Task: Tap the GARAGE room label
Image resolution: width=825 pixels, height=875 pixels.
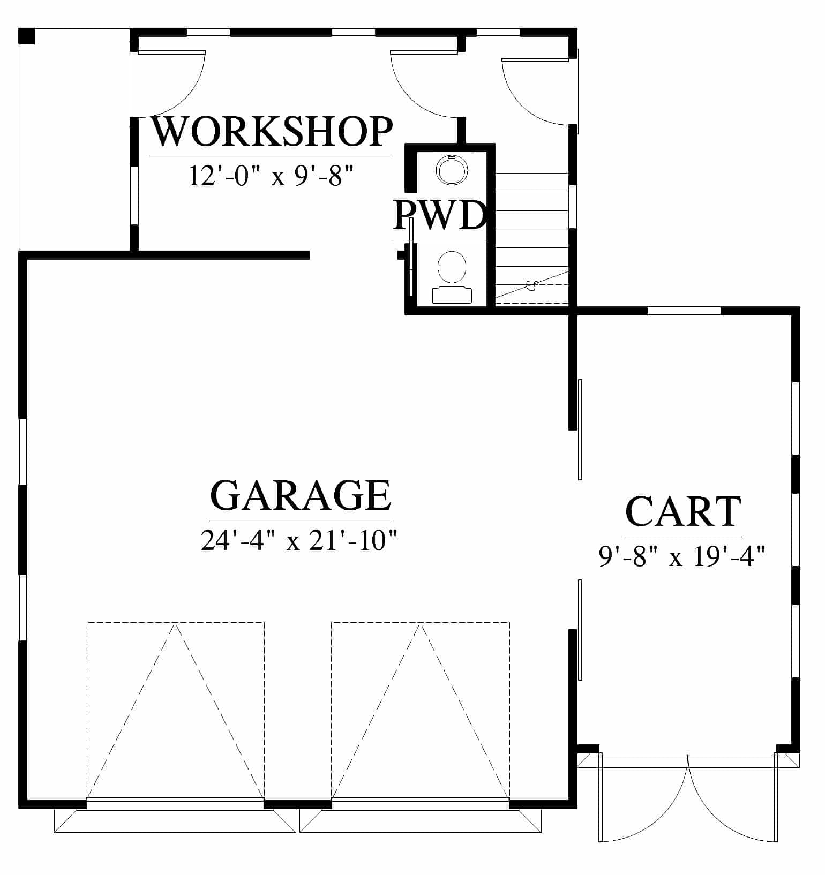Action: (x=301, y=495)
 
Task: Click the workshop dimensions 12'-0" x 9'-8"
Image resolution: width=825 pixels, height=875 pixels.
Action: (x=272, y=175)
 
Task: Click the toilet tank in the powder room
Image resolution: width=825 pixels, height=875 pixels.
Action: (x=452, y=296)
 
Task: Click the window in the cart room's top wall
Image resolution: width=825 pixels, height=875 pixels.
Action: (x=684, y=311)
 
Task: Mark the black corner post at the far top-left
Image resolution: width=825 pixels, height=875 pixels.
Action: (x=27, y=36)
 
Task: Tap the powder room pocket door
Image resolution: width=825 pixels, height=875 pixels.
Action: (x=411, y=257)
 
